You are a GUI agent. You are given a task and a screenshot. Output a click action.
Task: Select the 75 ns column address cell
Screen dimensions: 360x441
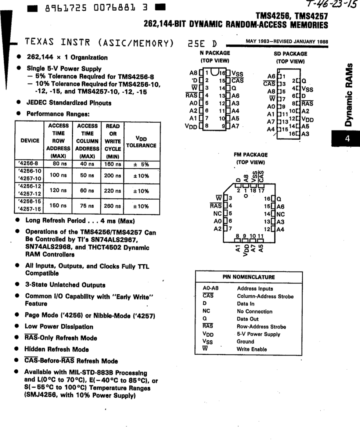(87, 206)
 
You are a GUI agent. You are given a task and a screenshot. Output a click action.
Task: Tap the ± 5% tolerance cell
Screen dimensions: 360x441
(141, 164)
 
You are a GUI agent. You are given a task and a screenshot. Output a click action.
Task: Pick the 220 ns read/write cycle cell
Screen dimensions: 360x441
(112, 191)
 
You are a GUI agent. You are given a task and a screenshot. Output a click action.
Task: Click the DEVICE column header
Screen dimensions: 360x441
(30, 141)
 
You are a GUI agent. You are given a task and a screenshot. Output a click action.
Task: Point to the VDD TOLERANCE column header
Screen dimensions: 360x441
(141, 142)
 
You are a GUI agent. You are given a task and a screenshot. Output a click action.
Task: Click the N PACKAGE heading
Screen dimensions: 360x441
(215, 53)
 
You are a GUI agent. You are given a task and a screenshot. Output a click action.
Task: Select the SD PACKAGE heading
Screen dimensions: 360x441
(290, 54)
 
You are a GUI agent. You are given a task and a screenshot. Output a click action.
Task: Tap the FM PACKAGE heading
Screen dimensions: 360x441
(251, 155)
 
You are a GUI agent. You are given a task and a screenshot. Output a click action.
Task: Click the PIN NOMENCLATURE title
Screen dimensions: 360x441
(249, 277)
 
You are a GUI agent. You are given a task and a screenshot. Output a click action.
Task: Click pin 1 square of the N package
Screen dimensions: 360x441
(201, 72)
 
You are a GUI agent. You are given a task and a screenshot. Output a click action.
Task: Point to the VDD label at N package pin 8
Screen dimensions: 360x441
(191, 126)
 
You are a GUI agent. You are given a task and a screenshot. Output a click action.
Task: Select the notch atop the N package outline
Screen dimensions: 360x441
(215, 72)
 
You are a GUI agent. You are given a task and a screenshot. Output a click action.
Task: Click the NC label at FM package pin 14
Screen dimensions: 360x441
(281, 214)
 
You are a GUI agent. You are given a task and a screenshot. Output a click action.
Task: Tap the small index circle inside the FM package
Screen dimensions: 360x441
(246, 196)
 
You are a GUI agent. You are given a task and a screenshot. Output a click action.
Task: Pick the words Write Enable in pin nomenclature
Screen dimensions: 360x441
(252, 349)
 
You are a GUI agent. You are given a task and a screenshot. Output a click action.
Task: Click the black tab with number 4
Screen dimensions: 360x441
(346, 139)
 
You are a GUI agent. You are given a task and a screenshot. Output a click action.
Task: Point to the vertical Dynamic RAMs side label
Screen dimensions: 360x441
(348, 95)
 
